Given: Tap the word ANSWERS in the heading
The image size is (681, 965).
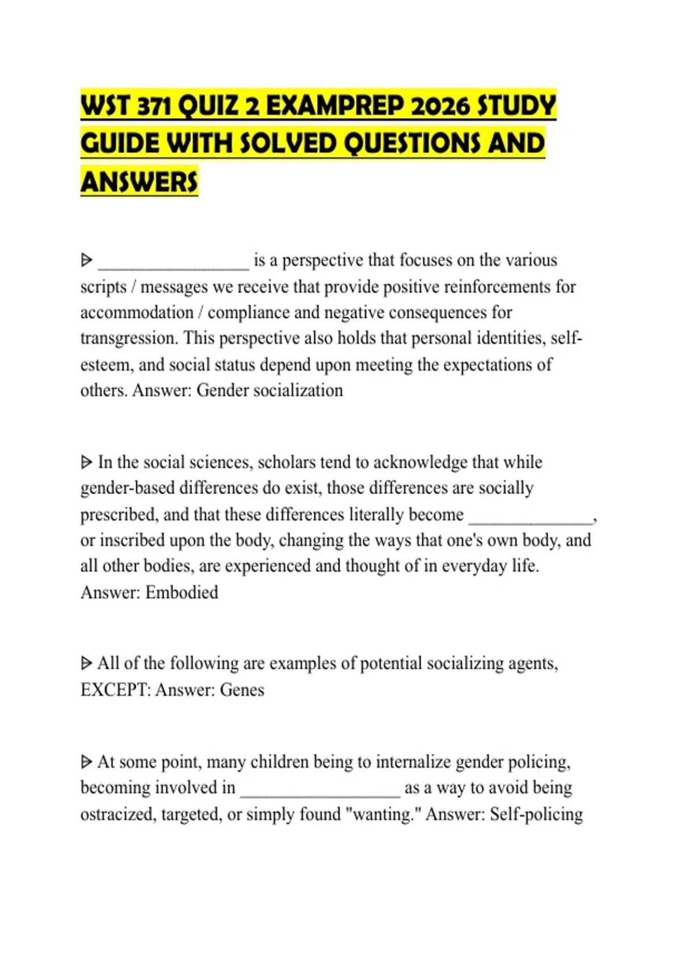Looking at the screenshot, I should tap(139, 182).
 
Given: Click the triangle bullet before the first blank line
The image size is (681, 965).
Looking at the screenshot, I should tap(86, 261).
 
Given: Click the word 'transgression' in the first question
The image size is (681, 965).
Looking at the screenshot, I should tap(129, 338).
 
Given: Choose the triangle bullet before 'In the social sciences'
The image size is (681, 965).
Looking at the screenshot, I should tap(86, 463).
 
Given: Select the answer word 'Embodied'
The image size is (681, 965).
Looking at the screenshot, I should tap(182, 593).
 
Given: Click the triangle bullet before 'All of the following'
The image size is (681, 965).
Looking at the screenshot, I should tap(86, 664).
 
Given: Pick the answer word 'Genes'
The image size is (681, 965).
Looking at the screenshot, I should tap(242, 690).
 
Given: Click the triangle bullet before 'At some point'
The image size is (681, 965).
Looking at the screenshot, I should tap(86, 762).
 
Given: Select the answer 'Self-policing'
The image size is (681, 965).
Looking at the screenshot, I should tap(536, 815).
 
